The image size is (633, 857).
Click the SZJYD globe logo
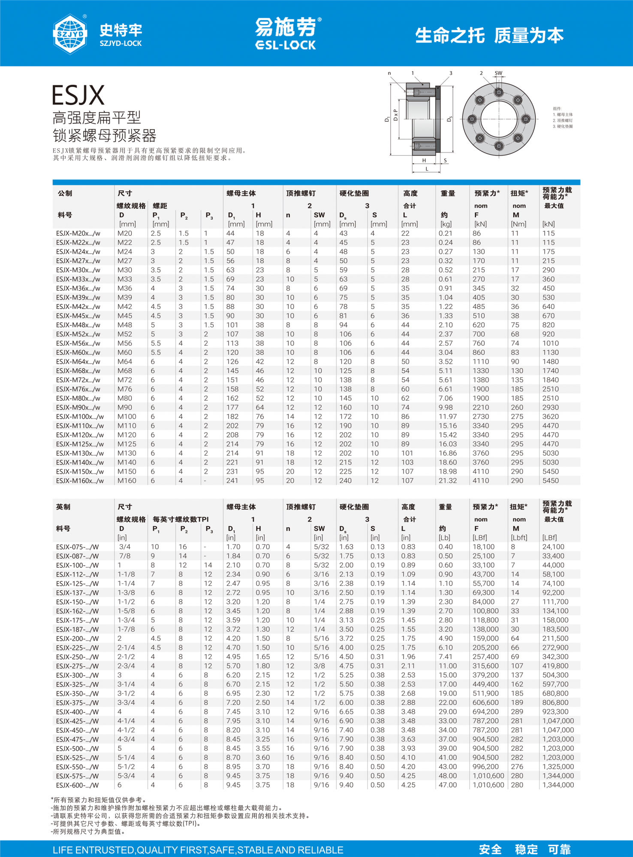pos(70,34)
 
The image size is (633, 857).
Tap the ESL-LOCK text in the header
pos(285,45)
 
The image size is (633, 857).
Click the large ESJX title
pos(78,95)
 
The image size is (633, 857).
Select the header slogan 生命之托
pos(450,36)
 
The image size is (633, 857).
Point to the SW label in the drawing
pos(498,73)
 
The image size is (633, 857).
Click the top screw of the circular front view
pos(498,92)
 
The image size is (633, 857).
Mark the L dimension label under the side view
pos(427,169)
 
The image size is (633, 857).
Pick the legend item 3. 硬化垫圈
pos(563,126)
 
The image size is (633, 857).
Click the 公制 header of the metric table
pos(65,193)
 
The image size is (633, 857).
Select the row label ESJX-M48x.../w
pos(78,325)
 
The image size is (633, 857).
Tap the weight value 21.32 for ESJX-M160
pos(448,481)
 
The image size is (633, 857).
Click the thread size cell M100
pos(127,417)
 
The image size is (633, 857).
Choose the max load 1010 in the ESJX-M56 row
pos(551,343)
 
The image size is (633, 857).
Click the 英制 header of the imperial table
pos(63,507)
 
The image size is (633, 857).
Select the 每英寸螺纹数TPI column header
pos(181,519)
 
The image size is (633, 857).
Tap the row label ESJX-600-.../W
pos(77,785)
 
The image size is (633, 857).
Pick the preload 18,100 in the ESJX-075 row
pos(483,547)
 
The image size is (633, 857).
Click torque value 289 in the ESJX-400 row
pos(517,712)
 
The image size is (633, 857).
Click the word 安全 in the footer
pos(490,849)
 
